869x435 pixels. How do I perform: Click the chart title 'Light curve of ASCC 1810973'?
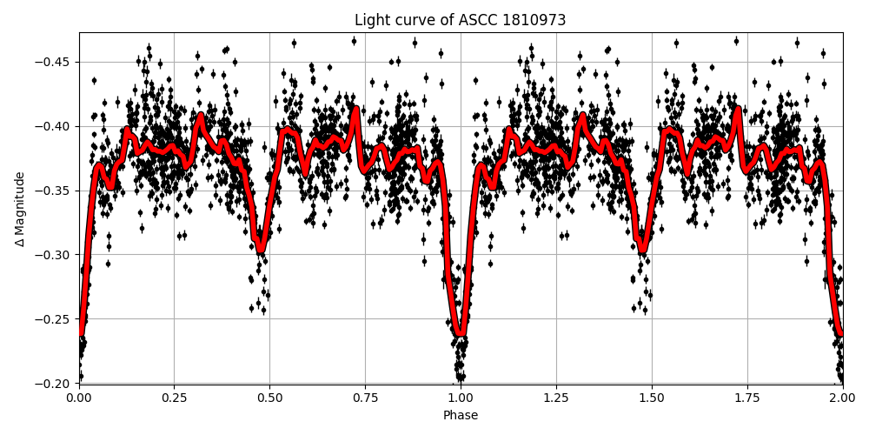[461, 20]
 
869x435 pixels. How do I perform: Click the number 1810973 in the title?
[537, 20]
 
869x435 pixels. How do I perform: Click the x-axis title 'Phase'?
[461, 416]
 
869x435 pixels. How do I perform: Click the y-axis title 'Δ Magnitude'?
[20, 209]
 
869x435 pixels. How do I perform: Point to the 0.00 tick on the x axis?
[79, 398]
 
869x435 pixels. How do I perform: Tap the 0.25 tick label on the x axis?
[174, 398]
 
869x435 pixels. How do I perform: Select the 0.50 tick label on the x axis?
[269, 398]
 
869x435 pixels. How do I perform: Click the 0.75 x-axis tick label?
[365, 398]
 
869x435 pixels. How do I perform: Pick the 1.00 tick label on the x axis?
[461, 398]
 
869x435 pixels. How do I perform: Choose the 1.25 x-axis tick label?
[556, 398]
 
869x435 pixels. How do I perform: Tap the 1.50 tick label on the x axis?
[652, 398]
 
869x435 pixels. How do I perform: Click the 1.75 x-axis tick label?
[747, 398]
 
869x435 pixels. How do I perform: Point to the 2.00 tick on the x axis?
[842, 398]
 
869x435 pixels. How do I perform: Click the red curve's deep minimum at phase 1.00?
[461, 331]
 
